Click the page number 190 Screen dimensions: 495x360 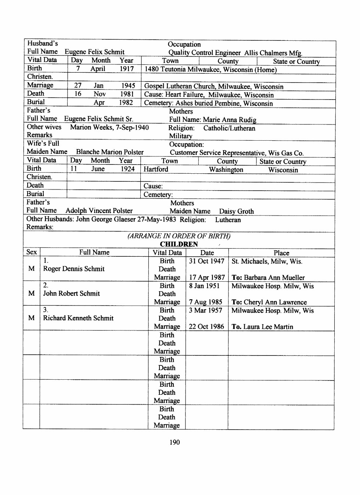174,442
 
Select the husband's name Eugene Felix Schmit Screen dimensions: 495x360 94,52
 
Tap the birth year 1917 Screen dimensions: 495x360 127,69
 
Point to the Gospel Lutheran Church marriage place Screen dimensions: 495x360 213,86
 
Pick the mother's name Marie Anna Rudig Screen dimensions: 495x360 230,120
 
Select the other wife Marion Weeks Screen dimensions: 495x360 91,127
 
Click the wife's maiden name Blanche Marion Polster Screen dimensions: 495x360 110,152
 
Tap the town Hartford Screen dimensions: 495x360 156,169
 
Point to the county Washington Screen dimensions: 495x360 226,170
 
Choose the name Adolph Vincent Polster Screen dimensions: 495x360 99,211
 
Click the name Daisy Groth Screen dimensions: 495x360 236,211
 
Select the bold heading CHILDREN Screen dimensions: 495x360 179,244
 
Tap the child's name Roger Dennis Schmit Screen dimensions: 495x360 74,269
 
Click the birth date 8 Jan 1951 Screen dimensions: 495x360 204,286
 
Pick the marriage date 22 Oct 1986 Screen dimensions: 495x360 206,326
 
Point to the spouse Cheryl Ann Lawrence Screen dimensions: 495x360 275,302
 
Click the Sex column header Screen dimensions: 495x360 32,252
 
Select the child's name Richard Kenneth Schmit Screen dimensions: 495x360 78,318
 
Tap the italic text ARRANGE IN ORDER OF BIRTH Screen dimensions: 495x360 179,236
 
